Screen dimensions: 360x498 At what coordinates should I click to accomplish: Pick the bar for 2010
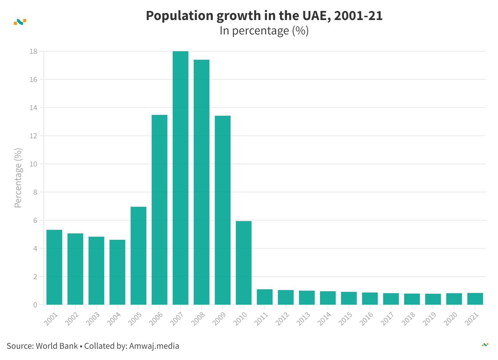pos(244,263)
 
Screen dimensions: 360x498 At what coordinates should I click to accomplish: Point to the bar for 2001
pos(54,267)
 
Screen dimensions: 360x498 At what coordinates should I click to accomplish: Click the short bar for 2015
pos(349,298)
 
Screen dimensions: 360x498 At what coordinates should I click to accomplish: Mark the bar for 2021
pos(475,299)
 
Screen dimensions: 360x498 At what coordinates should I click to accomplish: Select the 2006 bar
pos(160,210)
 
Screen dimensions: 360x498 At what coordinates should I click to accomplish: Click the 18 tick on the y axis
pos(33,51)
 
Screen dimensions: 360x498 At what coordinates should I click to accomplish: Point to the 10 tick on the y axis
pos(33,164)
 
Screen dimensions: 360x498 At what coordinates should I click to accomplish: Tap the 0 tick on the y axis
pos(35,305)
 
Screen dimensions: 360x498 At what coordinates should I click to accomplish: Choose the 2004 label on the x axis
pos(114,319)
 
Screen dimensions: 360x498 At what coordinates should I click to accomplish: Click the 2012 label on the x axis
pos(282,319)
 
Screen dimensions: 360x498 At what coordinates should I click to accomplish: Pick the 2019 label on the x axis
pos(429,319)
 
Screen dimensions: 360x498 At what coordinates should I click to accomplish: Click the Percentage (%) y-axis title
pos(18,178)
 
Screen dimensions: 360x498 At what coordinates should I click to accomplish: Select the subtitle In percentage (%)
pos(264,31)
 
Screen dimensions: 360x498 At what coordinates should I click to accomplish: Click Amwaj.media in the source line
pos(154,346)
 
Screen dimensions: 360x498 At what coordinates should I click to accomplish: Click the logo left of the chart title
pos(20,22)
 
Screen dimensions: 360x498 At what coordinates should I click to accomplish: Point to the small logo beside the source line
pos(485,345)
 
